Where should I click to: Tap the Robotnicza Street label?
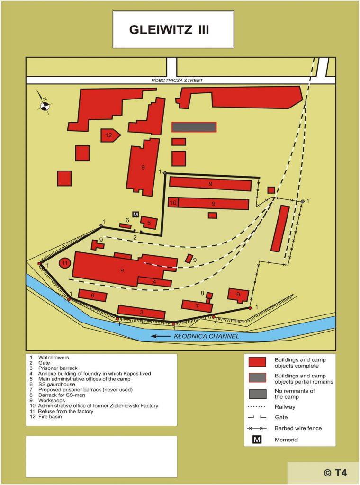click(x=177, y=81)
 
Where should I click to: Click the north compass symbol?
click(x=45, y=106)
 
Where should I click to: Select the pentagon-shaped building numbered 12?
click(x=110, y=135)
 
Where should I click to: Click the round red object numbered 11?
click(x=65, y=263)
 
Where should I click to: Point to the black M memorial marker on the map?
click(x=135, y=215)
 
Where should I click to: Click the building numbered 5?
click(x=149, y=222)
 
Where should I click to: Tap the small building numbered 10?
click(x=173, y=203)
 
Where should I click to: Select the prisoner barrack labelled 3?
click(x=141, y=312)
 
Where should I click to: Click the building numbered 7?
click(x=197, y=306)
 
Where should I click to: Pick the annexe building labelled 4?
click(x=154, y=282)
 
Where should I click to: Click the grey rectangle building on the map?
click(x=194, y=127)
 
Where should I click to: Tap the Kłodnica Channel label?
click(x=207, y=336)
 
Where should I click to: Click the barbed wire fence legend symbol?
click(x=261, y=428)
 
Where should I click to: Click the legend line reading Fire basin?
click(x=47, y=417)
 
